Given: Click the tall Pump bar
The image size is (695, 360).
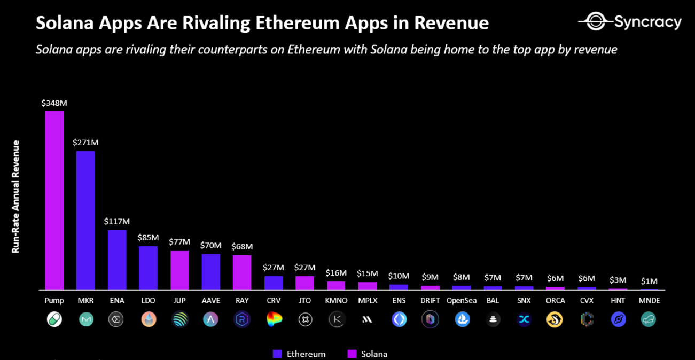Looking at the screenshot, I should [x=54, y=200].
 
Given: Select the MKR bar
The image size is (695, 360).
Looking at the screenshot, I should [x=85, y=220].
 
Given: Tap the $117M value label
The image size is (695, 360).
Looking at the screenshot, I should [x=117, y=221].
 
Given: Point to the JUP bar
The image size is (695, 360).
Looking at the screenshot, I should [x=179, y=270].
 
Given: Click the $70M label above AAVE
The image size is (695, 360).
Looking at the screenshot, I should [x=210, y=246].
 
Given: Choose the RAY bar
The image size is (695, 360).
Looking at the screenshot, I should [x=242, y=272].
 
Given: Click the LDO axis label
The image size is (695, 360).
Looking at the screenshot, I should [x=148, y=301].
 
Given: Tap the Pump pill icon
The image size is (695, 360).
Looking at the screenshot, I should [x=54, y=319].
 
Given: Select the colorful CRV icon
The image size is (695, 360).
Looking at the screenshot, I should [x=274, y=319].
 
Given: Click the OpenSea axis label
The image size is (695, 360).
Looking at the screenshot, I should [x=462, y=301].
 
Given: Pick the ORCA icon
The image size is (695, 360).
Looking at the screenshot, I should [x=555, y=319].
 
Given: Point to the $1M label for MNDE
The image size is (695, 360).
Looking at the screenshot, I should [x=649, y=281].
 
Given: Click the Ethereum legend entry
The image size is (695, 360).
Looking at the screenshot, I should [x=299, y=354].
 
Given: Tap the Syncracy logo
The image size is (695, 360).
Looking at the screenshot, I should [x=630, y=22].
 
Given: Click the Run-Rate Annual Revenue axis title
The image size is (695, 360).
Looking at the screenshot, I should [x=16, y=197].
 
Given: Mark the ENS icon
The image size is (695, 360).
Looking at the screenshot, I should [x=399, y=319].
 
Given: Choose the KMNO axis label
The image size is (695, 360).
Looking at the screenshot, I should [x=336, y=301].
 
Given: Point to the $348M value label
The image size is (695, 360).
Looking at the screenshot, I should [x=54, y=103].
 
